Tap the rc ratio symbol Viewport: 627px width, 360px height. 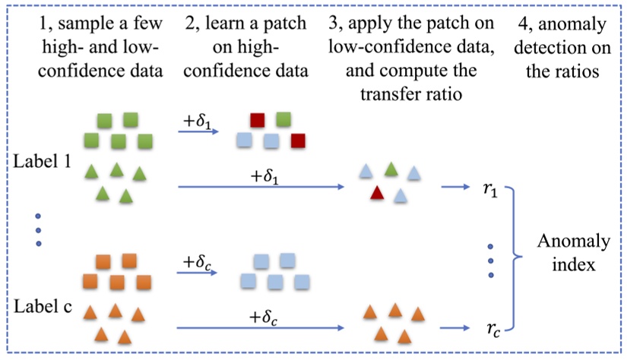click(x=492, y=330)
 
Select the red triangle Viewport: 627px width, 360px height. click(x=377, y=195)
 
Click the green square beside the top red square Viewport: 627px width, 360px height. click(x=284, y=118)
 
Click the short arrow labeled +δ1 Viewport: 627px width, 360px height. click(x=199, y=131)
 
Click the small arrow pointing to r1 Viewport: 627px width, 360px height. click(x=456, y=185)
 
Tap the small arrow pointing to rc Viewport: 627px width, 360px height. click(x=456, y=329)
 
